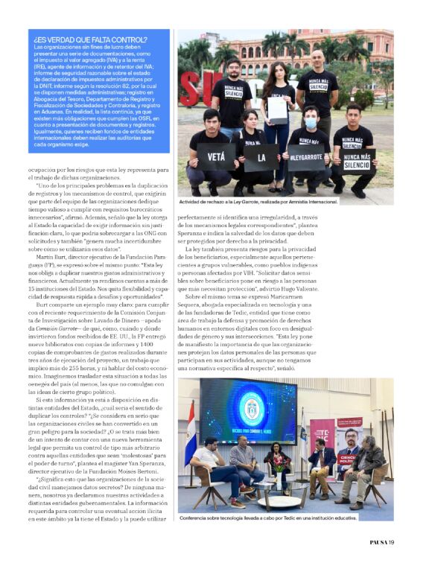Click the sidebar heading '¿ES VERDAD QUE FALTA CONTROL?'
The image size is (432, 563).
(x=87, y=39)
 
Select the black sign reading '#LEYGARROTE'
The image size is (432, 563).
(x=306, y=158)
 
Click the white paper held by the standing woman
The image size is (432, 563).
(x=277, y=109)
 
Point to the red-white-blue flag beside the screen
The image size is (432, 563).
(x=191, y=432)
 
